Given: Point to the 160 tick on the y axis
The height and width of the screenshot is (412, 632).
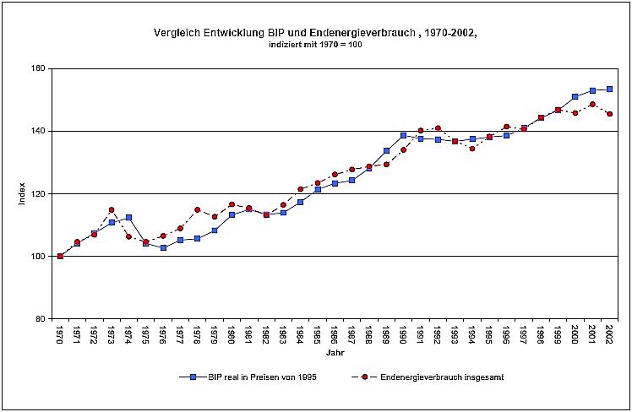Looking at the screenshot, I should [39, 68].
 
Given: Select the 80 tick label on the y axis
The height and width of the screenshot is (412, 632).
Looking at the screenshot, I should [41, 318].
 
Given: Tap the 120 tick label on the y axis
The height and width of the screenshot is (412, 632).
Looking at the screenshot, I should [39, 193].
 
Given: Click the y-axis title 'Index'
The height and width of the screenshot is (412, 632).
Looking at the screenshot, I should [23, 193].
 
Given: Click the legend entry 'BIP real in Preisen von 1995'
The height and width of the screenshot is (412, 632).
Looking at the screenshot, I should [252, 377].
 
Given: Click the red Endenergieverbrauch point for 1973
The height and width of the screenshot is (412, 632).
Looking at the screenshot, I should [112, 209].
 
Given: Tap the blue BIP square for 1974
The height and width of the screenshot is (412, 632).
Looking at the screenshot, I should [128, 217].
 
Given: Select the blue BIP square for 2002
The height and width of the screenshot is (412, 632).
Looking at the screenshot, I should [609, 89].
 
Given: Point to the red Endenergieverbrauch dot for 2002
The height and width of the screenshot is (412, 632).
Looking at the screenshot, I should [609, 114].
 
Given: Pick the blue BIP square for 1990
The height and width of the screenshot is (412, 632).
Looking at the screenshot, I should [403, 135].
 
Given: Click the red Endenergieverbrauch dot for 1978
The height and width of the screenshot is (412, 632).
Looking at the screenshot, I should [197, 209].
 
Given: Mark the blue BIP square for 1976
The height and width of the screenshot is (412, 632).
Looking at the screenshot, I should [163, 247].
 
